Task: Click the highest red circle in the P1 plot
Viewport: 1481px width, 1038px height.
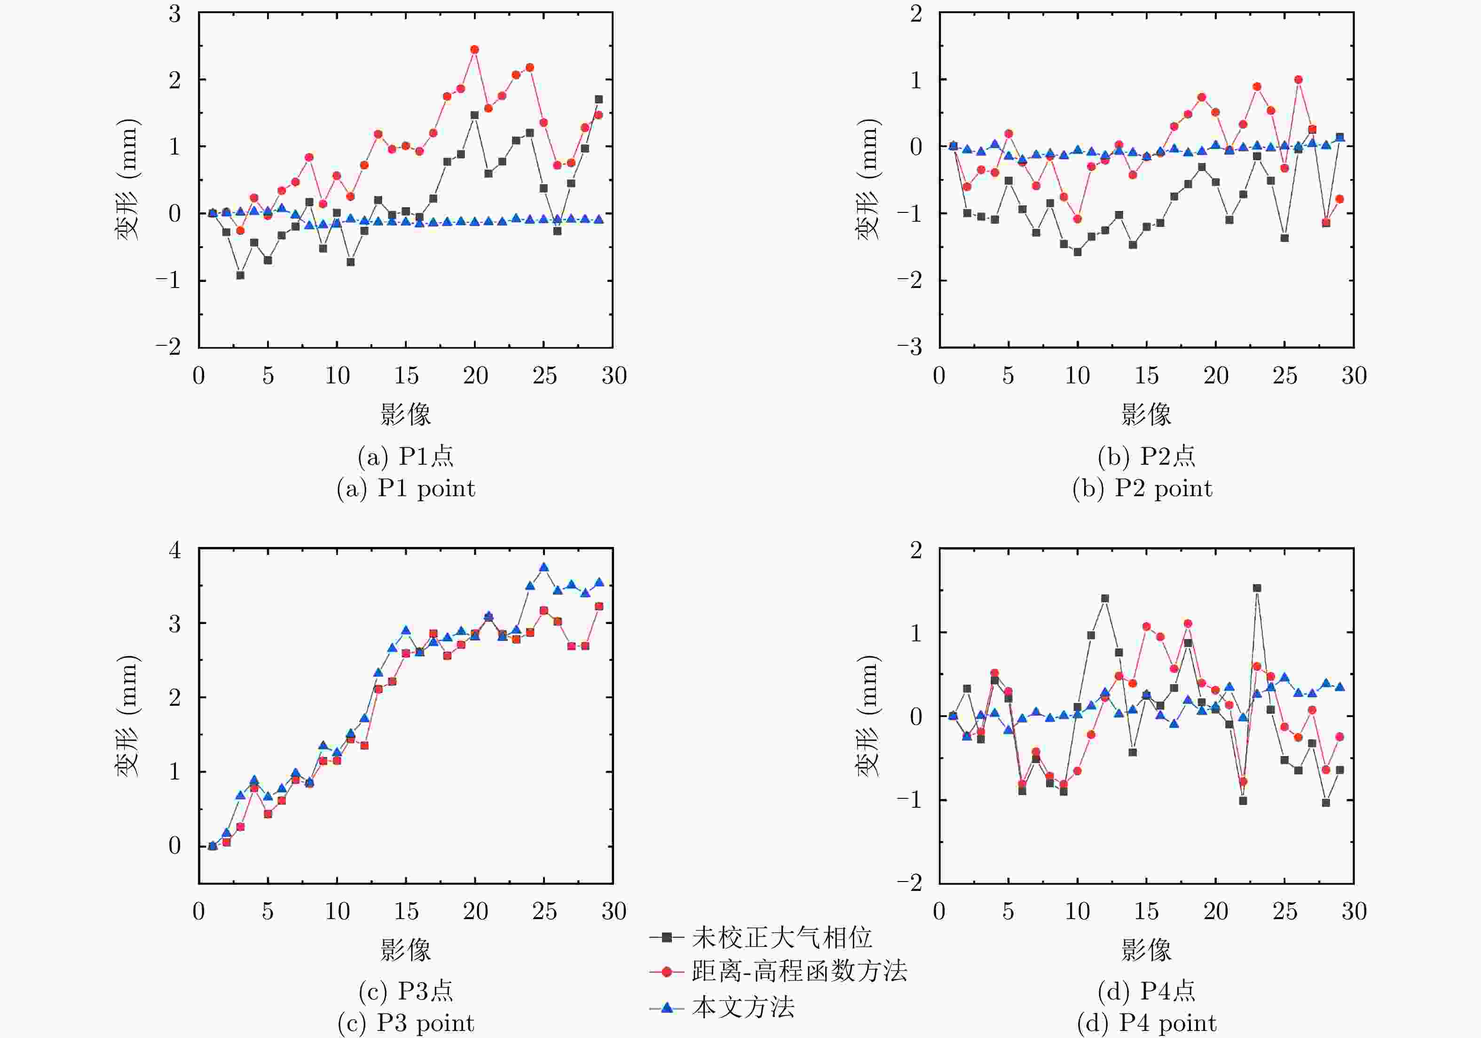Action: click(x=475, y=50)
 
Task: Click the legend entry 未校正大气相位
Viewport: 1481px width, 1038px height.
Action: click(x=781, y=937)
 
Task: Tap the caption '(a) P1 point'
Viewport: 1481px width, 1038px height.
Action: click(x=406, y=489)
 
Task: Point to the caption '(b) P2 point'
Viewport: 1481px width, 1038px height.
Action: click(x=1142, y=489)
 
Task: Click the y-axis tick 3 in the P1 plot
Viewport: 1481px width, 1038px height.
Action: click(x=174, y=14)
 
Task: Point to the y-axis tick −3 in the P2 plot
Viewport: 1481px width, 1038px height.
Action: click(x=909, y=347)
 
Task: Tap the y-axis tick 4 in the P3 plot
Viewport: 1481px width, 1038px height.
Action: click(x=174, y=550)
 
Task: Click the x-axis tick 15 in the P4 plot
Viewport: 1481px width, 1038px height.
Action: click(x=1146, y=911)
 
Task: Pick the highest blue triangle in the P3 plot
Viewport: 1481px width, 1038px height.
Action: click(x=544, y=567)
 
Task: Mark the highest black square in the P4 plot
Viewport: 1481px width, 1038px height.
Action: click(x=1257, y=588)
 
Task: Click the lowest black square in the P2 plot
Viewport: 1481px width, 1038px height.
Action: click(x=1077, y=252)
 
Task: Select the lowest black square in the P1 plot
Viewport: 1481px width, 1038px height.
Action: click(x=240, y=275)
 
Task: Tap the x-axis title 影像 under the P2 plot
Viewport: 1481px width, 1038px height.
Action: click(x=1146, y=414)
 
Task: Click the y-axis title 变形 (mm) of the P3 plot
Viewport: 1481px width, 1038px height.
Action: click(x=127, y=716)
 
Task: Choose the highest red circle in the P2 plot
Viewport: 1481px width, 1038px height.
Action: click(x=1298, y=80)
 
